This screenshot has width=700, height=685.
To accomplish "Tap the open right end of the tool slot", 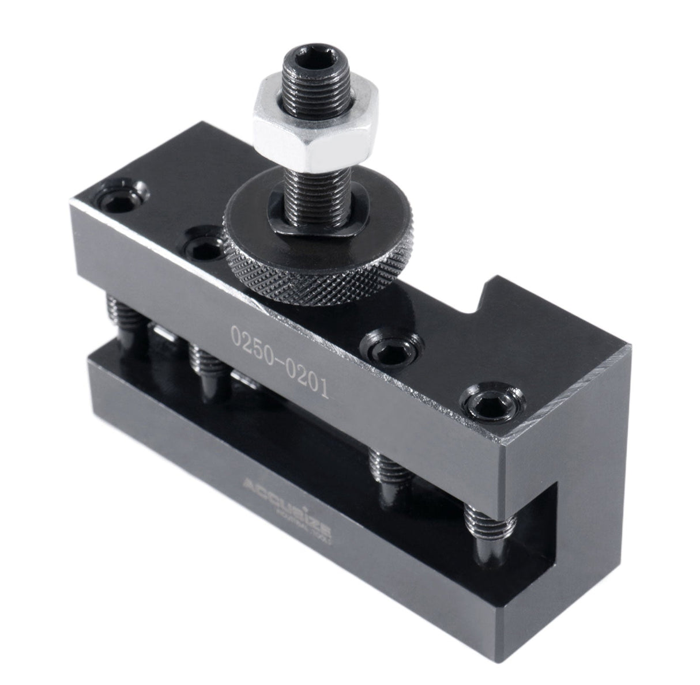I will [x=536, y=519].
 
